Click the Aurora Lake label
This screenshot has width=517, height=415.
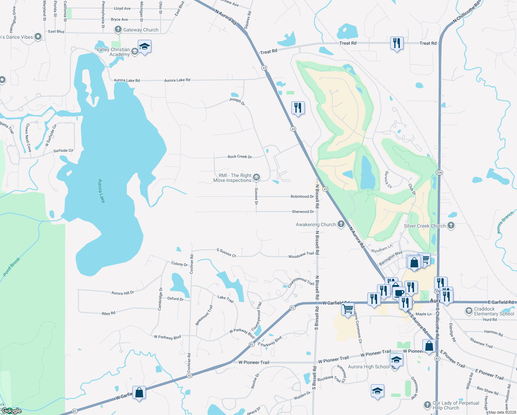coord(101,191)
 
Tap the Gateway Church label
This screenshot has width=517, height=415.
coord(141,30)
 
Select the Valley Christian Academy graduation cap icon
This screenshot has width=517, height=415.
coord(144,47)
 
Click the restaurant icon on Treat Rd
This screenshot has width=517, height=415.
coord(397,43)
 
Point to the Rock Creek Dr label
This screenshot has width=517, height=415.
coord(239,157)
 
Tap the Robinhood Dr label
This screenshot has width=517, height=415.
coord(302,196)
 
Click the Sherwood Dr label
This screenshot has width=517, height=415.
coord(303,212)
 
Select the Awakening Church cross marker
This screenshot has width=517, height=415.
coord(341,224)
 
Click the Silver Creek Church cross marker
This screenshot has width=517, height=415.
coord(451,225)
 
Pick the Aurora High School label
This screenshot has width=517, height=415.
coord(368,367)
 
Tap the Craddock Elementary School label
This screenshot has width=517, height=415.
coord(494,311)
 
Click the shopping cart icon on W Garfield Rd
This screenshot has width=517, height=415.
coord(348,308)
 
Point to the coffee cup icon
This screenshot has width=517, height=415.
coord(399,293)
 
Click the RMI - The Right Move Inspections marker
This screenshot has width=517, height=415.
coord(256,178)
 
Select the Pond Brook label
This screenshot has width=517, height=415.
coord(12,267)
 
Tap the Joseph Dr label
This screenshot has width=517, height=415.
coord(237,101)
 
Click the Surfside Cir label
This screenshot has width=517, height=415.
coord(63,151)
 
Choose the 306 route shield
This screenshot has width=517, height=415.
coord(439,172)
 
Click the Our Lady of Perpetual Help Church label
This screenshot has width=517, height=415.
coord(455,405)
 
